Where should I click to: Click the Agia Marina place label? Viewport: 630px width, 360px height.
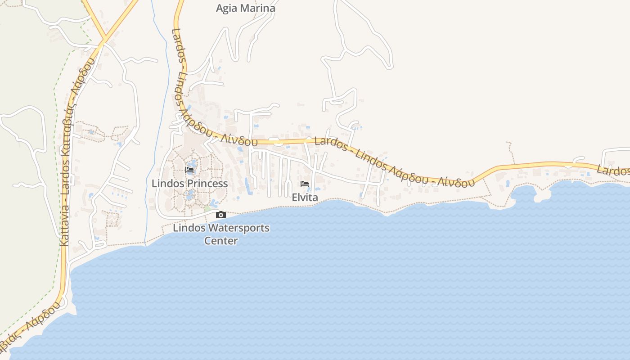pos(245,8)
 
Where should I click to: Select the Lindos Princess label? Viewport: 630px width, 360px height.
pos(189,184)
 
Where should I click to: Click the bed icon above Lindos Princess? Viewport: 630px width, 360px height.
pos(189,170)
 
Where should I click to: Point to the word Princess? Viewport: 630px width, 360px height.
pos(207,184)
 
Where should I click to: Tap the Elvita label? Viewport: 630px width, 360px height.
pos(305,198)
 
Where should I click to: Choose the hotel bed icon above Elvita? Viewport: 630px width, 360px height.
pos(305,184)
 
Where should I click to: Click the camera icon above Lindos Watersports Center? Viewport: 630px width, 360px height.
pos(220,215)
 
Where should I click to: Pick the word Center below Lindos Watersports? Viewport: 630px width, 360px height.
pos(221,241)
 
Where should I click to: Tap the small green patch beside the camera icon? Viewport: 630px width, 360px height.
pos(207,209)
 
